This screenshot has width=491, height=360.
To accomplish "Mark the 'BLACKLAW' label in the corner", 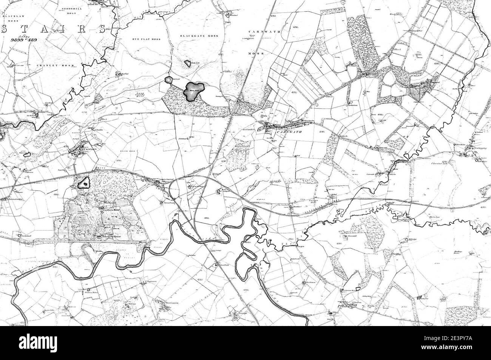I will tap(11, 17).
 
